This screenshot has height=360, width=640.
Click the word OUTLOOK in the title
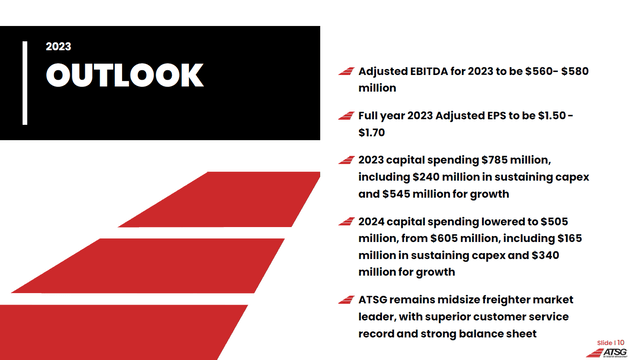tap(125, 76)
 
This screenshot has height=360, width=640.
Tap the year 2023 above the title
tap(59, 46)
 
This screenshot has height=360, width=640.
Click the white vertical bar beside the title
tap(25, 82)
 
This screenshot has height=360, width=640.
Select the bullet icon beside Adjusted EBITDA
tap(345, 72)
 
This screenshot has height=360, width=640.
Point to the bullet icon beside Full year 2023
tap(345, 116)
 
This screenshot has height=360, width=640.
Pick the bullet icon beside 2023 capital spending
tap(345, 160)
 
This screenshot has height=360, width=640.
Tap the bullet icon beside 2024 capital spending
tap(345, 222)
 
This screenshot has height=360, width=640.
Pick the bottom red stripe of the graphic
tap(130, 331)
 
